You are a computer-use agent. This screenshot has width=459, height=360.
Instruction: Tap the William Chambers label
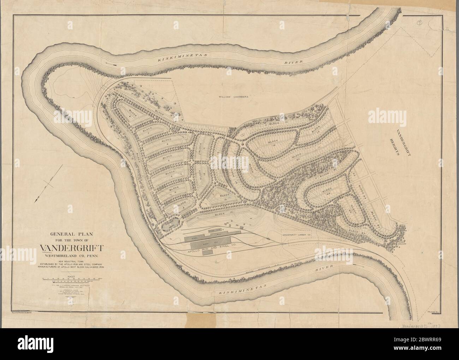pos(234,96)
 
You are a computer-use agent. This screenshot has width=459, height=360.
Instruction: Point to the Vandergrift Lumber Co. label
pos(296,235)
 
